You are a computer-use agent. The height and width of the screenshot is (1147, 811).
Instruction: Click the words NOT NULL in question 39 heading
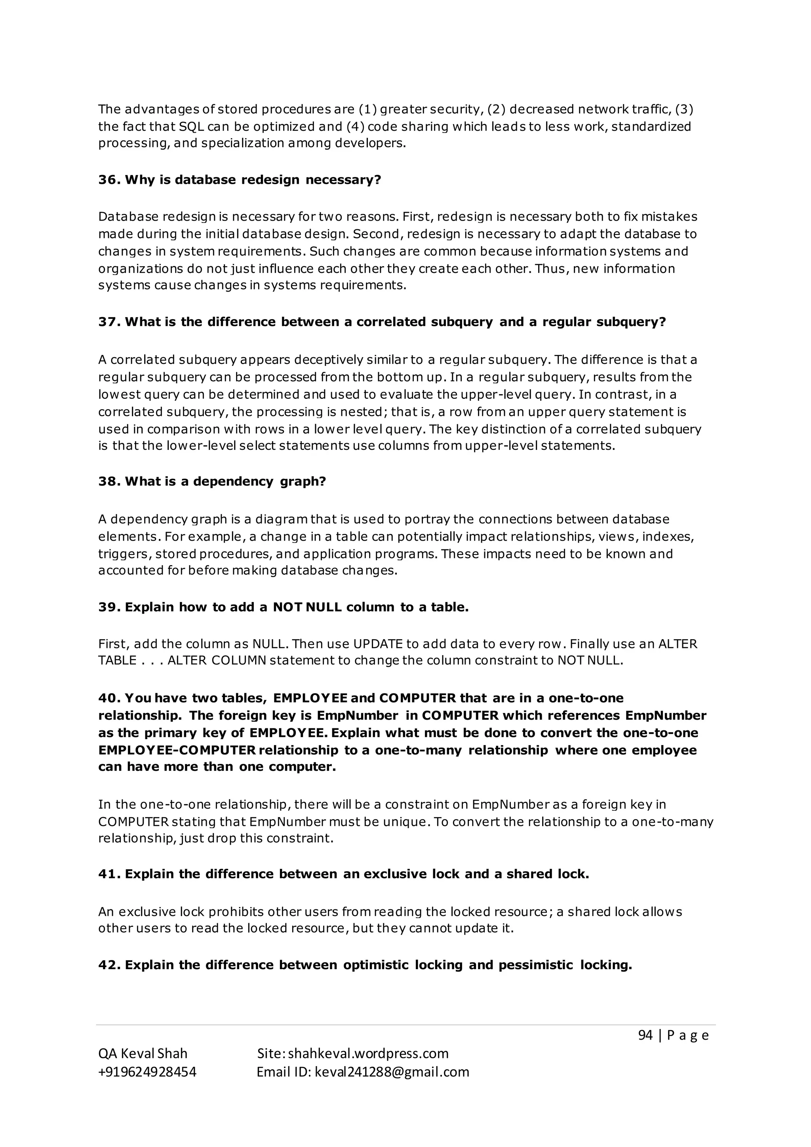307,608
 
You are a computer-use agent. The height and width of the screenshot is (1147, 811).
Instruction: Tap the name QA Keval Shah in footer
143,1054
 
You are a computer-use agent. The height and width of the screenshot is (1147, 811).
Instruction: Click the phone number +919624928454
147,1072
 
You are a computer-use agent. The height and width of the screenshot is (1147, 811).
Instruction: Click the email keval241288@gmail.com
392,1072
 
